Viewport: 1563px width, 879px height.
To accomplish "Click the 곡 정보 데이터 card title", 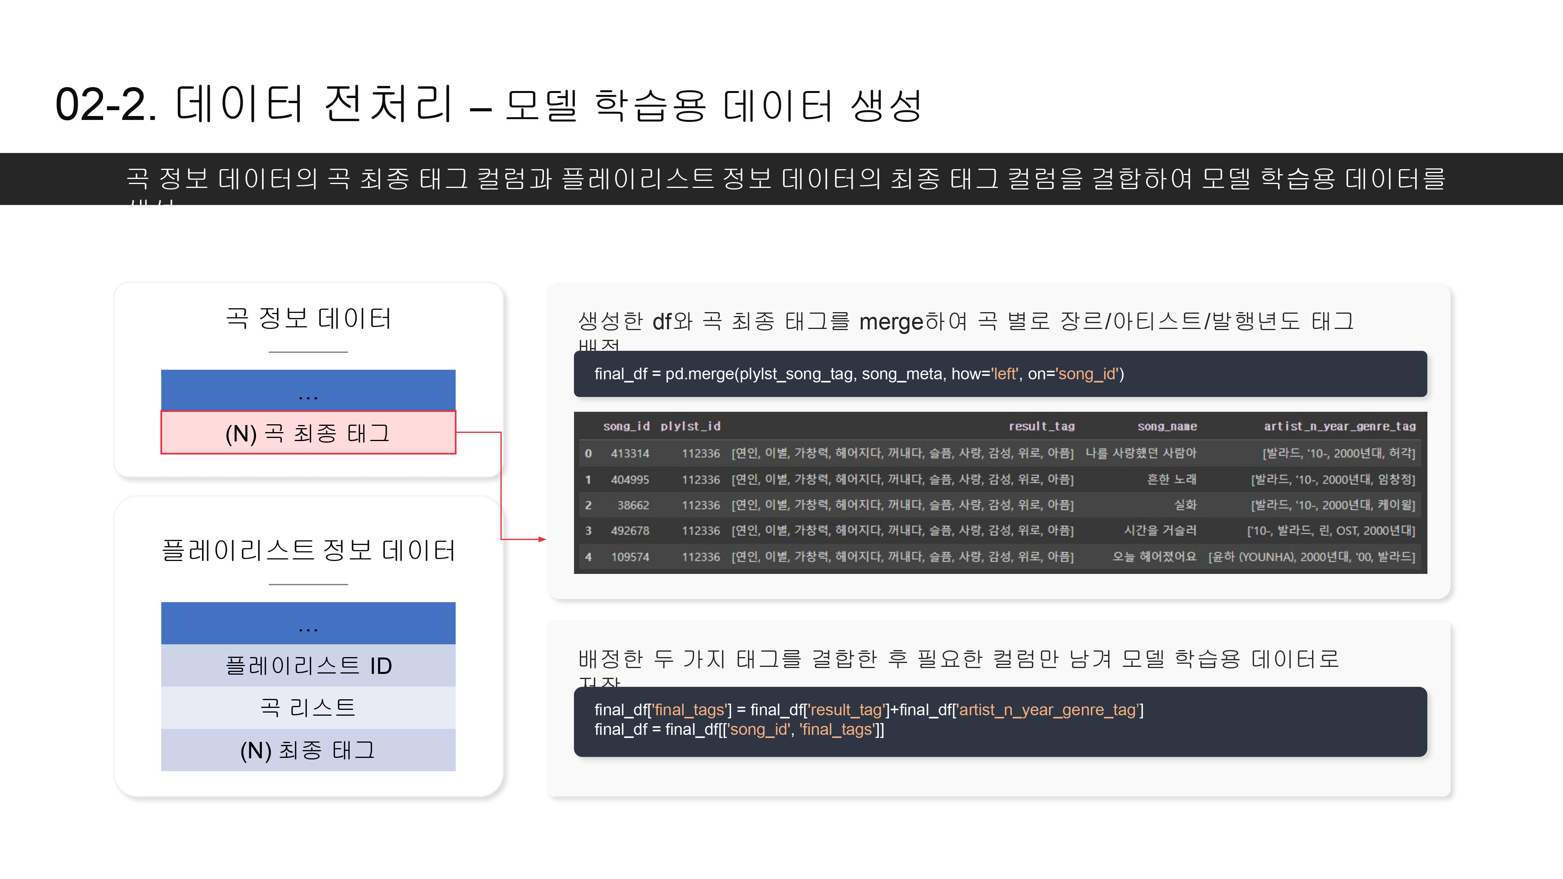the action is [x=308, y=318].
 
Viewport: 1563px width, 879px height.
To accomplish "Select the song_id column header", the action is [x=626, y=427].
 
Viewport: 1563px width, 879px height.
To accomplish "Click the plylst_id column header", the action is [x=690, y=427].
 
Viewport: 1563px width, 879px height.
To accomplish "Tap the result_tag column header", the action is [x=1041, y=427].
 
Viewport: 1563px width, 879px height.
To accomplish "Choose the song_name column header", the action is [x=1167, y=427].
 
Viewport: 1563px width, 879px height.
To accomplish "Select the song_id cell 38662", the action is [x=633, y=505].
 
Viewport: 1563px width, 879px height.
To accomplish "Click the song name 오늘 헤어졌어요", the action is [x=1153, y=556].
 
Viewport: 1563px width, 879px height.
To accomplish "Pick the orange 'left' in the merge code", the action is [x=1004, y=374].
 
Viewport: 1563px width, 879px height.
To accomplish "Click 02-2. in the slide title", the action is [x=106, y=104].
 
